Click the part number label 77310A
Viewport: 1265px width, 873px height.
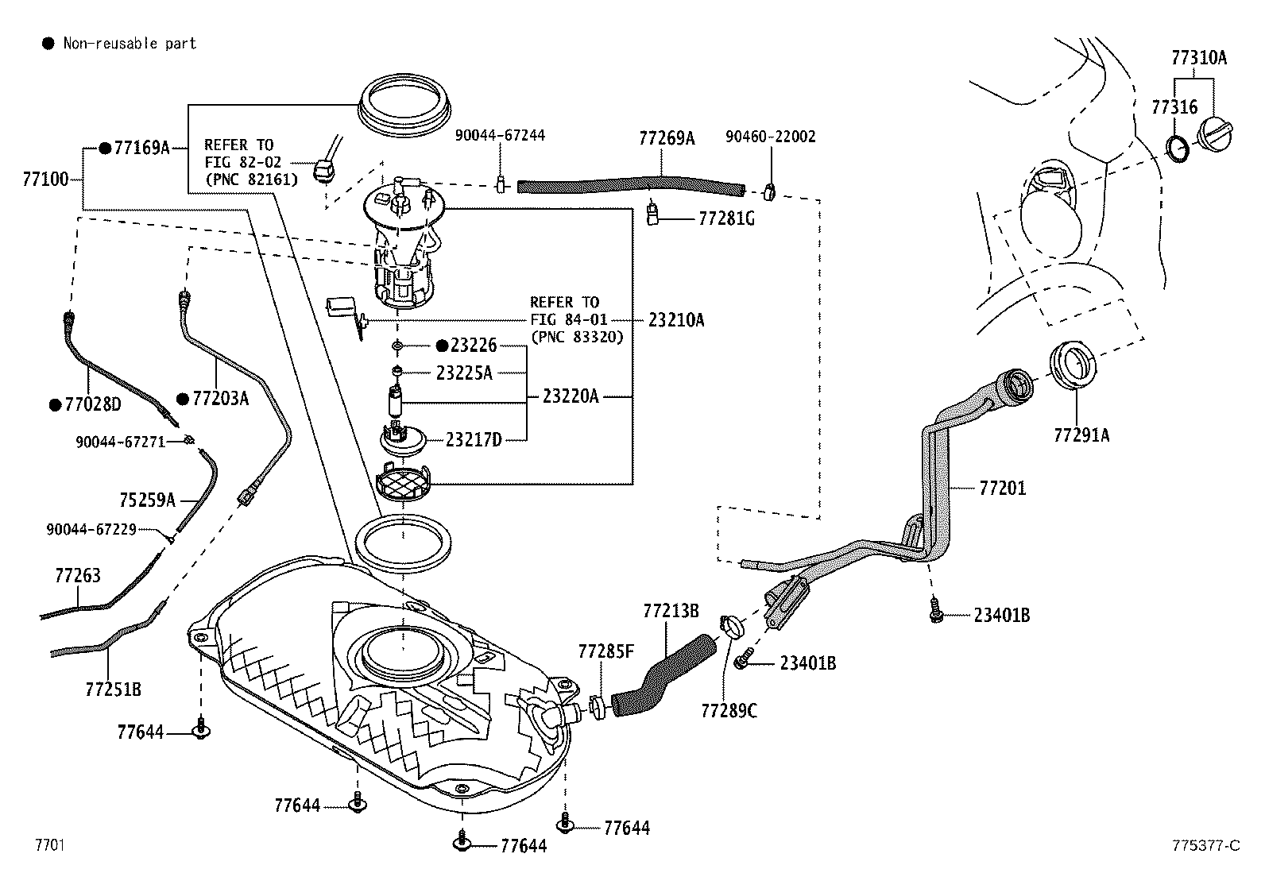click(x=1198, y=57)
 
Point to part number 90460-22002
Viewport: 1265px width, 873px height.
click(x=770, y=137)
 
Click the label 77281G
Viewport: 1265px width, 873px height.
click(x=725, y=218)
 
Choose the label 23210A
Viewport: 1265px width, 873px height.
click(x=675, y=319)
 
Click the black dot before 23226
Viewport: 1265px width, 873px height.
click(x=442, y=346)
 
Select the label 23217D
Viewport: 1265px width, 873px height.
click(x=474, y=439)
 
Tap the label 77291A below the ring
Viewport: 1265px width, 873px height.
click(x=1081, y=435)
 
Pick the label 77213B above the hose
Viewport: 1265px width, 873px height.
click(x=671, y=610)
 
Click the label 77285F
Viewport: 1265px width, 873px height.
click(x=605, y=651)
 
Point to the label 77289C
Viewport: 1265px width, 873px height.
click(x=729, y=710)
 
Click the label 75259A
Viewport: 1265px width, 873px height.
click(x=147, y=500)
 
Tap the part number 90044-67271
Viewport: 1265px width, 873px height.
click(x=120, y=441)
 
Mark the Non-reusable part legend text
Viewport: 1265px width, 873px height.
click(x=130, y=43)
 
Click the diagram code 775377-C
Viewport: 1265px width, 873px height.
click(x=1205, y=845)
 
